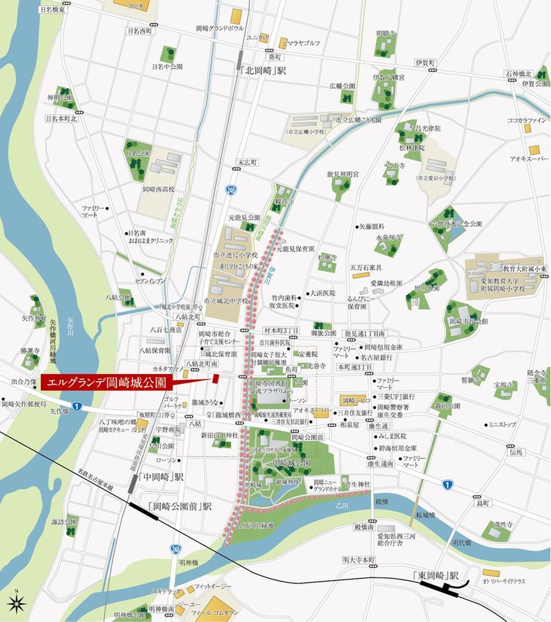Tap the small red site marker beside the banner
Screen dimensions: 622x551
215,378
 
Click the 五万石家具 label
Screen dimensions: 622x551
366,268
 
